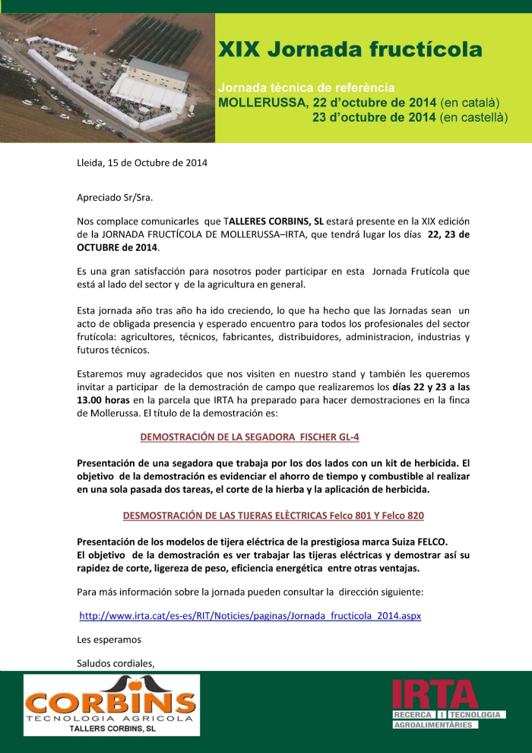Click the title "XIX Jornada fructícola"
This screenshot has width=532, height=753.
coord(350,50)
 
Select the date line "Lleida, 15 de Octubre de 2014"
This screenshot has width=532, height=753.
coord(142,162)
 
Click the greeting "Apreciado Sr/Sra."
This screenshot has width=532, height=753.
coord(115,198)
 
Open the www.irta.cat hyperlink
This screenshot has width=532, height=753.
coord(250,615)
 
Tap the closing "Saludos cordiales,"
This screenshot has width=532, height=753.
coord(116,662)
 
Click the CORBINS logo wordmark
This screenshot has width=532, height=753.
coord(111,699)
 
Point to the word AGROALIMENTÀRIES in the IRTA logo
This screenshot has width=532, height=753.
coord(431,725)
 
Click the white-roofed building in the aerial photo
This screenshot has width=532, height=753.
coord(152,84)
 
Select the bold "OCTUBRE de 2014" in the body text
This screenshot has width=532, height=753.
coord(116,247)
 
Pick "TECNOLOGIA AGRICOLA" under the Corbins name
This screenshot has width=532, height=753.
coord(111,717)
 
